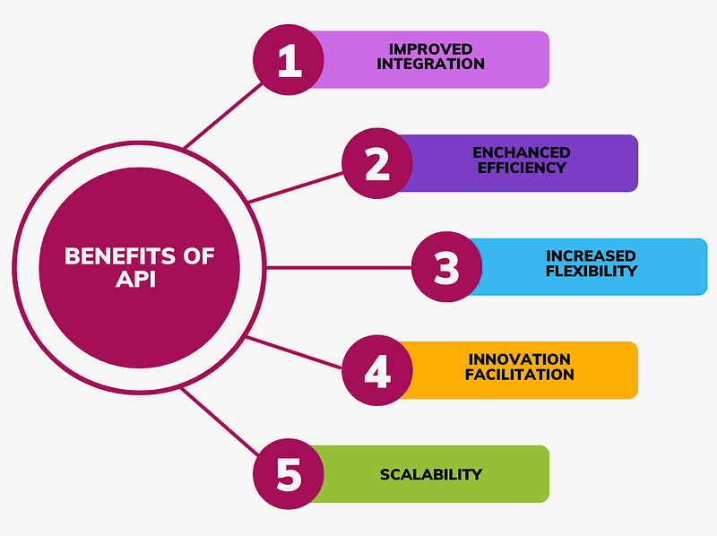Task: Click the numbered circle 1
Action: (289, 60)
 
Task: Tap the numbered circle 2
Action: (377, 163)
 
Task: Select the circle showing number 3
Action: (446, 266)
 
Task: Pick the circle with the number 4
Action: (377, 370)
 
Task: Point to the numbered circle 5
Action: (289, 474)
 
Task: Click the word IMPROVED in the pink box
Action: (431, 49)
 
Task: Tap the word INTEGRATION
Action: (431, 64)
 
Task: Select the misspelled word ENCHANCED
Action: (522, 152)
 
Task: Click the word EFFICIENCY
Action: (522, 168)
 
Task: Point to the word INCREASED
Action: (592, 255)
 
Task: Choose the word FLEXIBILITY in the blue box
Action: (592, 271)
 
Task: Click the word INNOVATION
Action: (520, 359)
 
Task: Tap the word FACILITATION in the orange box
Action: (520, 375)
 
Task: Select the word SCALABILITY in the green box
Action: (431, 475)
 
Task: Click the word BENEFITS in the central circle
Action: (120, 256)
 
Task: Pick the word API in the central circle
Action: (136, 279)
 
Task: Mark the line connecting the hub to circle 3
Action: (339, 267)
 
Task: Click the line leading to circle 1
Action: (223, 116)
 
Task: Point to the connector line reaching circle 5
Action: (220, 421)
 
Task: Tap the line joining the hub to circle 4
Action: (294, 352)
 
